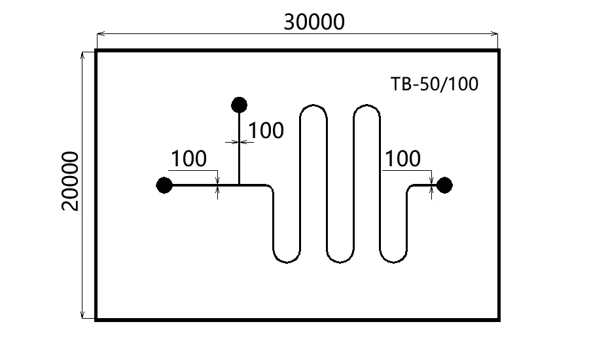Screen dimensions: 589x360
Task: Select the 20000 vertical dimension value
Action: tap(69, 181)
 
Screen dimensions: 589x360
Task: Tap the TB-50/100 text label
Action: tap(435, 84)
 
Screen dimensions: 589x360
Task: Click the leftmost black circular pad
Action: tap(164, 185)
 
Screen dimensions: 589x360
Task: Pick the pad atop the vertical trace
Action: tap(239, 104)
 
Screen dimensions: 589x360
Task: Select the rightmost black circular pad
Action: tap(444, 185)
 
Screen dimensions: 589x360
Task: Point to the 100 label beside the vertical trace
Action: tap(266, 131)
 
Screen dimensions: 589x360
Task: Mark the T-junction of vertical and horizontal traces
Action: tap(239, 185)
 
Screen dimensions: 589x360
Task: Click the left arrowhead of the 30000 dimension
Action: tap(99, 33)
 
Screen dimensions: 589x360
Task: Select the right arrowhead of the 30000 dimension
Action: tap(496, 33)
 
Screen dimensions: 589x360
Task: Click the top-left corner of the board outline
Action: tap(97, 50)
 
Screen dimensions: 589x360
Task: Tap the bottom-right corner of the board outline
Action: tap(499, 319)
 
